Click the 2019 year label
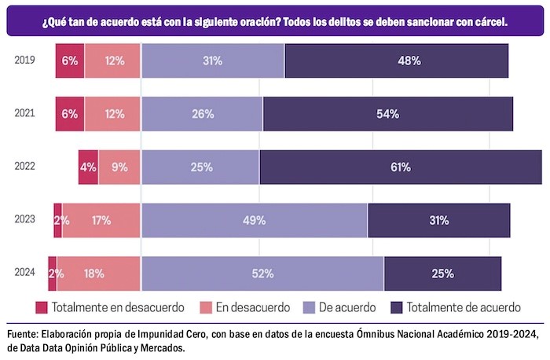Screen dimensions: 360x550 (24, 61)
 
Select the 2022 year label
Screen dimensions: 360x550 (24, 167)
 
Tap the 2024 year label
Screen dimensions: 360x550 (24, 274)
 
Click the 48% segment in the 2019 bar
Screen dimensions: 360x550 (396, 61)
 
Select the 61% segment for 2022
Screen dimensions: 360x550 (400, 167)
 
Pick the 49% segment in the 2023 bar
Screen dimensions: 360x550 (254, 220)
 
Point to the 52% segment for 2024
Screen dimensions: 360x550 (262, 274)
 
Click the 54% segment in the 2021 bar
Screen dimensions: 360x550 (387, 113)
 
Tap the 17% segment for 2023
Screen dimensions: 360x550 (101, 220)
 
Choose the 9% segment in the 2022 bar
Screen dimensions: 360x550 (119, 167)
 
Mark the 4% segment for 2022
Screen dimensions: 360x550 (88, 167)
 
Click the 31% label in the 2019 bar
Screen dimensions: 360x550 (212, 61)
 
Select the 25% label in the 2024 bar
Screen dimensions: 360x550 (442, 274)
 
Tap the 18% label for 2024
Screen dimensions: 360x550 (93, 274)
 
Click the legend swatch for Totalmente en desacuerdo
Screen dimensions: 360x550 (42, 307)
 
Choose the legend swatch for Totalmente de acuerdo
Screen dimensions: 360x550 (397, 307)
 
